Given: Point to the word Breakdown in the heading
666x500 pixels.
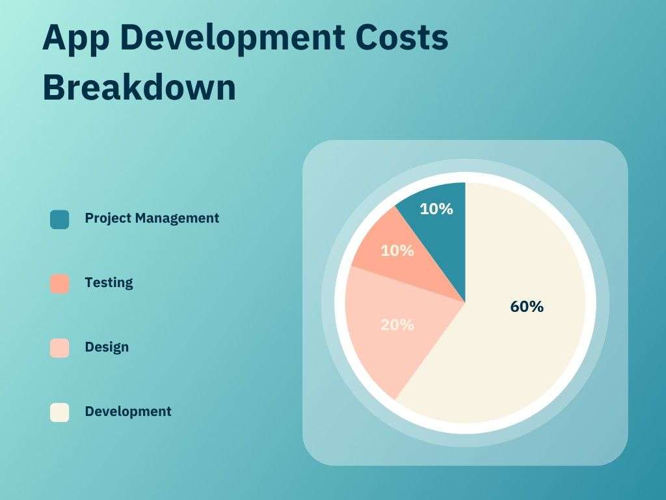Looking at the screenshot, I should (x=139, y=87).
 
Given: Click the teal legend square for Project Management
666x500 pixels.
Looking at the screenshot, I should (x=59, y=219).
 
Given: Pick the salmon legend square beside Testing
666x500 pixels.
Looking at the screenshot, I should (x=59, y=284).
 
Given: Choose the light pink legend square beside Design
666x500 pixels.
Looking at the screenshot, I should (x=59, y=348).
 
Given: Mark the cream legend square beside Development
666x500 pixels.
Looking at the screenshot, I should (x=59, y=412).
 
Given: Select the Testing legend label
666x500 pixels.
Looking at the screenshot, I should (x=109, y=283).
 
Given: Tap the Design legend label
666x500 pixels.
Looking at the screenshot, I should (x=107, y=347).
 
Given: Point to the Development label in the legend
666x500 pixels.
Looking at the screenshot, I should (x=128, y=411).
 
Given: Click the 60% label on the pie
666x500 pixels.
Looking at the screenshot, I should (x=527, y=307).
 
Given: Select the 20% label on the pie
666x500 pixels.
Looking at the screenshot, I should (x=397, y=324).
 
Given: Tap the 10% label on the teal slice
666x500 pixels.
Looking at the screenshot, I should (x=436, y=209).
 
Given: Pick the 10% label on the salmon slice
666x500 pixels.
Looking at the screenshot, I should (x=397, y=250).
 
